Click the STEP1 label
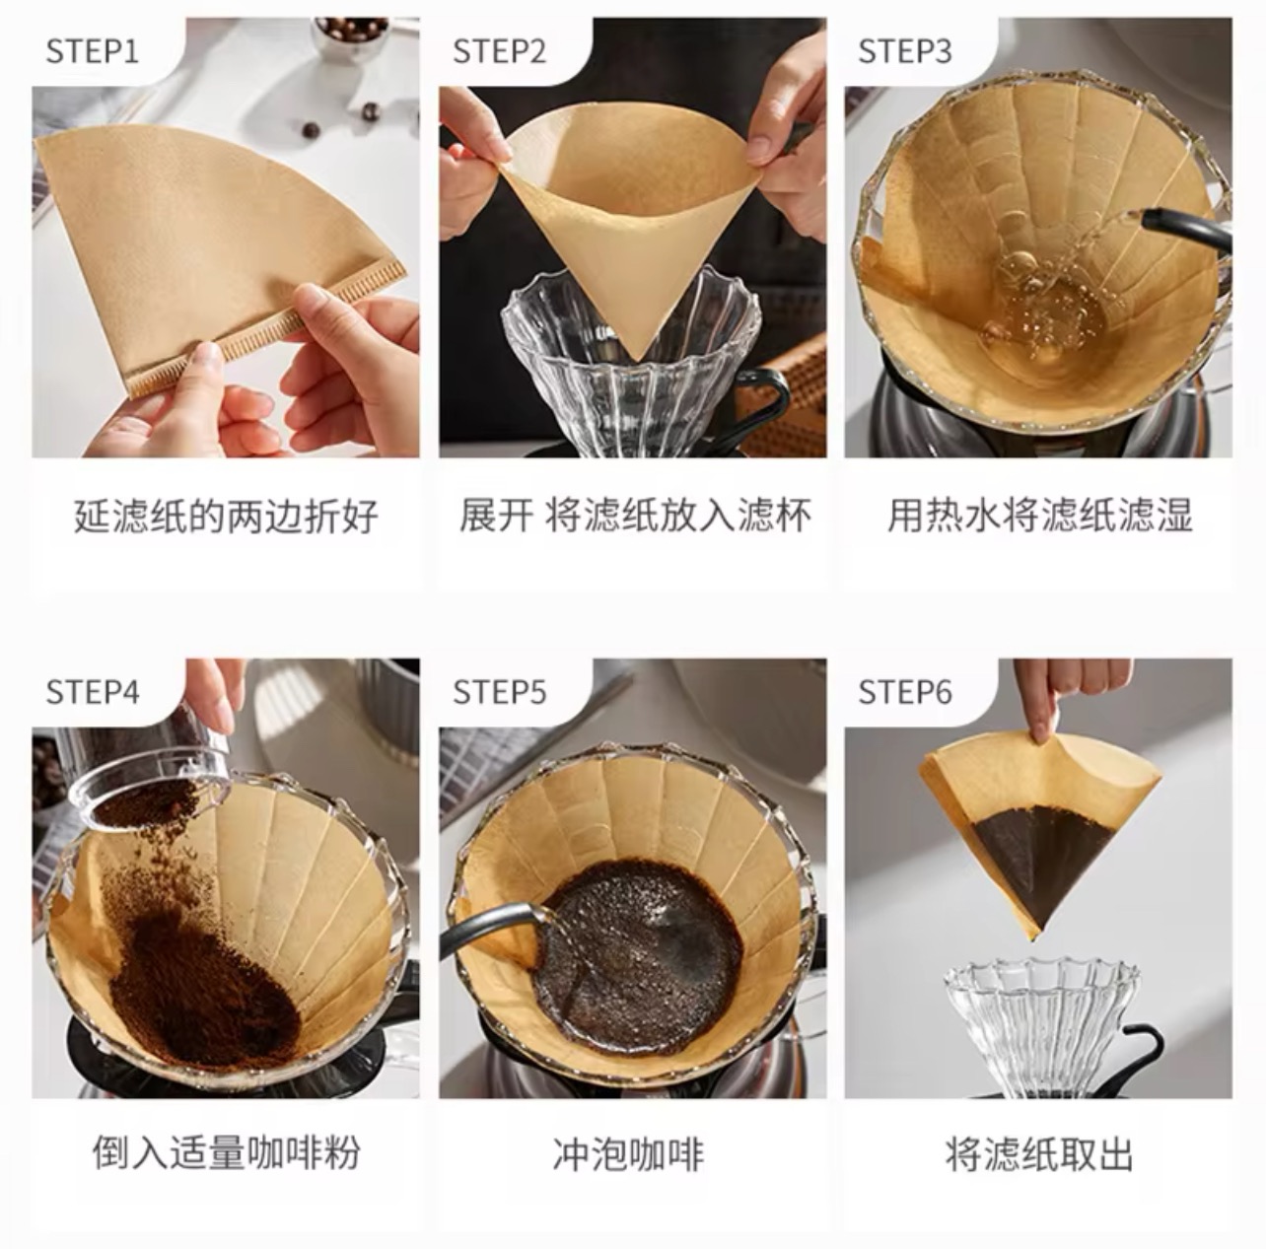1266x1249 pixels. [93, 51]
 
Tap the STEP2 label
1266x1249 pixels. [499, 51]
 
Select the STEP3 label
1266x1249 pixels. [905, 51]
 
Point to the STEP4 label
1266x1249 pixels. [93, 692]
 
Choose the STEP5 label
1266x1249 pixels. [499, 692]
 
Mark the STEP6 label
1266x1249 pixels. [905, 692]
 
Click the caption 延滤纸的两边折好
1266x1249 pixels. [226, 516]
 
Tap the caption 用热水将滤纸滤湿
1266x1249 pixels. [1040, 516]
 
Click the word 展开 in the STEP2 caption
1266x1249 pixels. [496, 516]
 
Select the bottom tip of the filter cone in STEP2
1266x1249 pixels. [635, 356]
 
